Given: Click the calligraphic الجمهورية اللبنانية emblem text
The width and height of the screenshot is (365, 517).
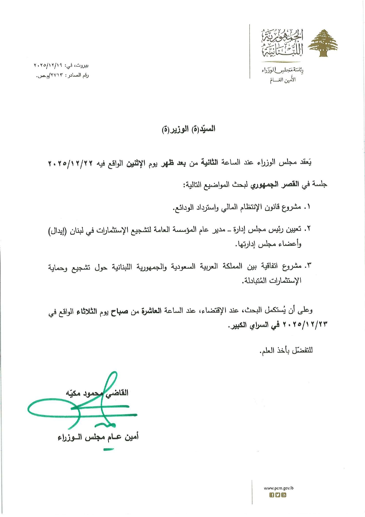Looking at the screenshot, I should (x=282, y=43).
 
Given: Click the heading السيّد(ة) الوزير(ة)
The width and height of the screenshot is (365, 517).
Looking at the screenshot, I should (x=189, y=129).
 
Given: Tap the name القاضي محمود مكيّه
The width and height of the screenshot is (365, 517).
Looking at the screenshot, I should (x=97, y=393).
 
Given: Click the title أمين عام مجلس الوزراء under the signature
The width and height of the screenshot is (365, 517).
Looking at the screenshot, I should (x=98, y=437).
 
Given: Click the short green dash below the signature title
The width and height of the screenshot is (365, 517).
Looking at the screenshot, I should (x=109, y=449).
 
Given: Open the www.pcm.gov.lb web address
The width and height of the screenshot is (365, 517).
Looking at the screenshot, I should (x=278, y=488).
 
